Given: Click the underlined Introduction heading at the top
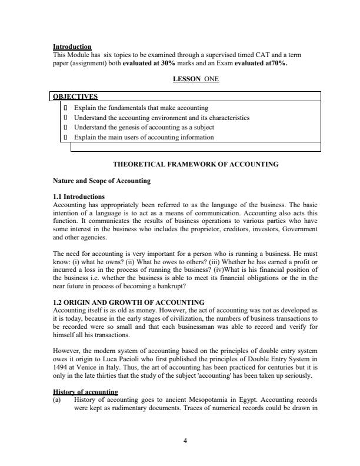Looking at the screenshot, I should point(72,46).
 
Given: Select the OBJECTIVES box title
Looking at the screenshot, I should point(76,96).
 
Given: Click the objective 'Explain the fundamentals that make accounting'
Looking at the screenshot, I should point(141,108).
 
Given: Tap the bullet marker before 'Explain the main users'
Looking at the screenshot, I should point(65,137).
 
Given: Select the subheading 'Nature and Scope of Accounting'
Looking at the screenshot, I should point(101,181).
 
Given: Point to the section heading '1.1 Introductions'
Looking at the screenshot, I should point(79,197).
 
